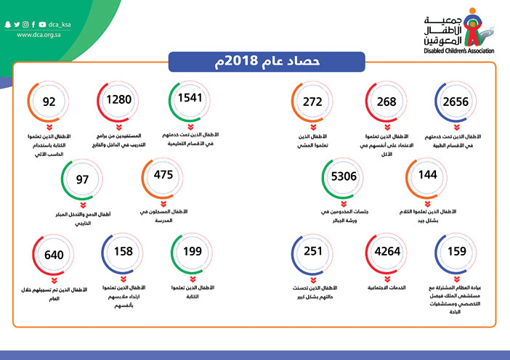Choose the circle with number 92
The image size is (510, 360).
50,103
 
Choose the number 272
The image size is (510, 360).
313,102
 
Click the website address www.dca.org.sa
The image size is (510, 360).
43,34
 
